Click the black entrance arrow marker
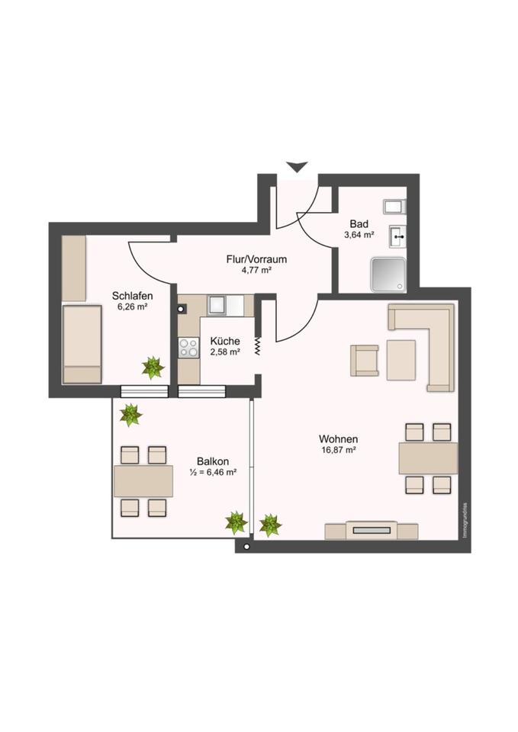[x=296, y=166]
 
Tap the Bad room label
[x=359, y=223]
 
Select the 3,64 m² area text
[x=359, y=235]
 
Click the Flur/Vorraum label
[x=256, y=259]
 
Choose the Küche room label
[x=225, y=341]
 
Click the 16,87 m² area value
[x=339, y=451]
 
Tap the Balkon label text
[x=213, y=461]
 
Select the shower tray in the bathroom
[x=388, y=274]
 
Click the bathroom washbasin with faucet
[x=398, y=236]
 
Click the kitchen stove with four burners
[x=188, y=348]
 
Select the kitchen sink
[x=217, y=305]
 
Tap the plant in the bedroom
[x=153, y=368]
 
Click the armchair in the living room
[x=364, y=361]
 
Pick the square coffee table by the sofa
[x=401, y=360]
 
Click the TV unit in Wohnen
[x=372, y=530]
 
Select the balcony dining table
[x=143, y=480]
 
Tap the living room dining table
[x=427, y=458]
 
